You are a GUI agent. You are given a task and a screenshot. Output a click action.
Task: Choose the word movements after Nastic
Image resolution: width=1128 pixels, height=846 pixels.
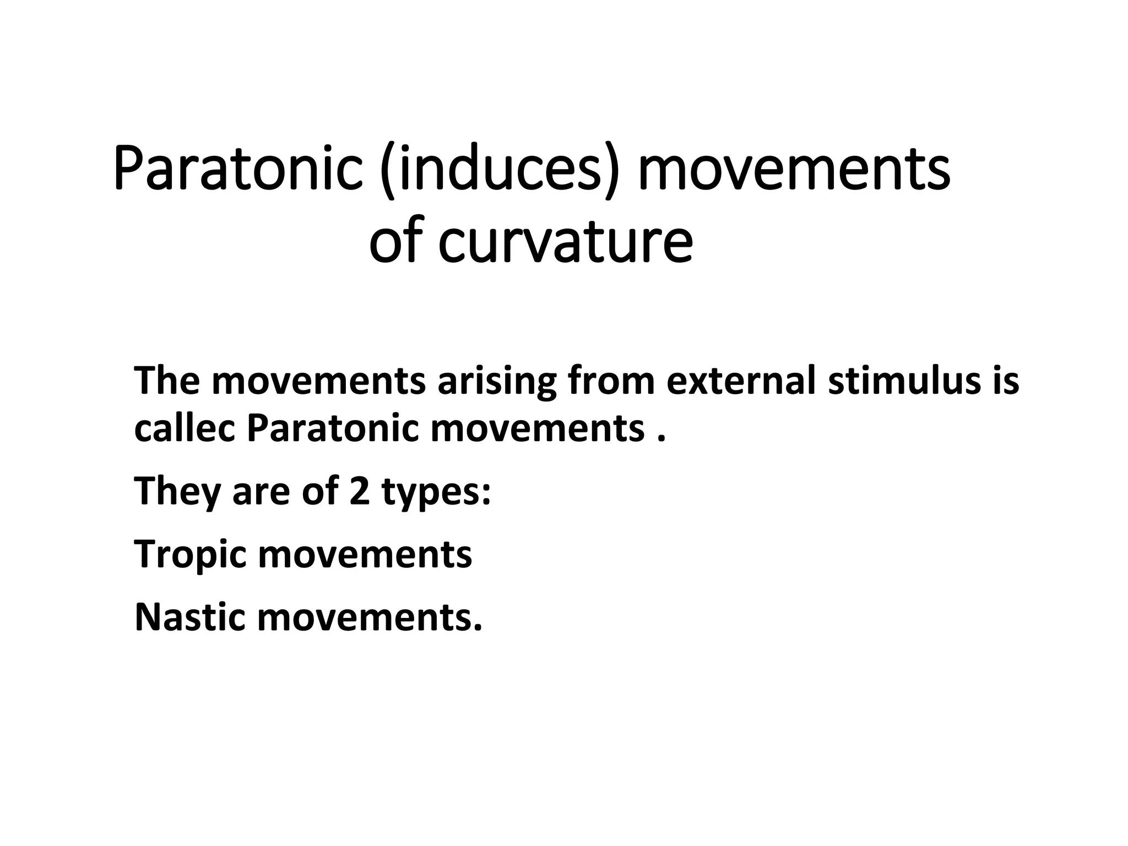(x=369, y=617)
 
